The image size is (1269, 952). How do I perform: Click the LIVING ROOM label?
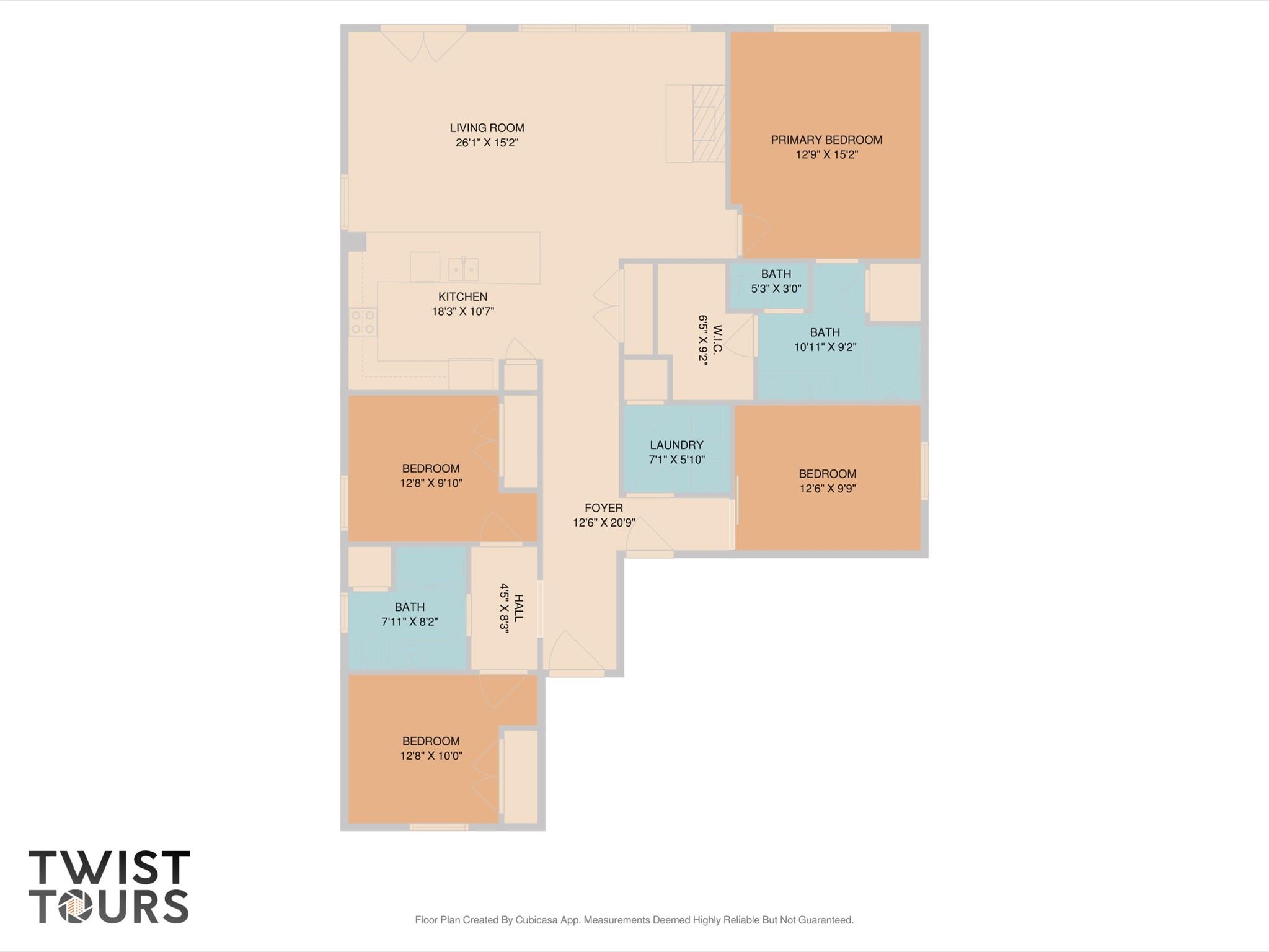pos(487,128)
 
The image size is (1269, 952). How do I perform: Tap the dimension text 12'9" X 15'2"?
pos(826,154)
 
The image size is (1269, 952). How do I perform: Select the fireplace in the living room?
pos(707,124)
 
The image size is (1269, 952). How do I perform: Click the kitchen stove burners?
pos(363,323)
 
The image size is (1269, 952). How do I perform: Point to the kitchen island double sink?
pos(463,269)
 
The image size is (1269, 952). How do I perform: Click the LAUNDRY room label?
pos(676,445)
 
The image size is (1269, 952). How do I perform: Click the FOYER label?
pos(603,508)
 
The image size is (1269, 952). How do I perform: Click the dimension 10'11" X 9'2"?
pos(825,347)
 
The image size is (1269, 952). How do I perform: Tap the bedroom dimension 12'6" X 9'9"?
pos(827,489)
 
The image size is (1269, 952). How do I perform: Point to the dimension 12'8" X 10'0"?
pos(431,756)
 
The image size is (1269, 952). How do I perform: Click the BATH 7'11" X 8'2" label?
pos(409,607)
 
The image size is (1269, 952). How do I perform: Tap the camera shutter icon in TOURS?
pos(76,907)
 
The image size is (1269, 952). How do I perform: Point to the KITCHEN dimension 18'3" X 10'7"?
pos(462,311)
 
